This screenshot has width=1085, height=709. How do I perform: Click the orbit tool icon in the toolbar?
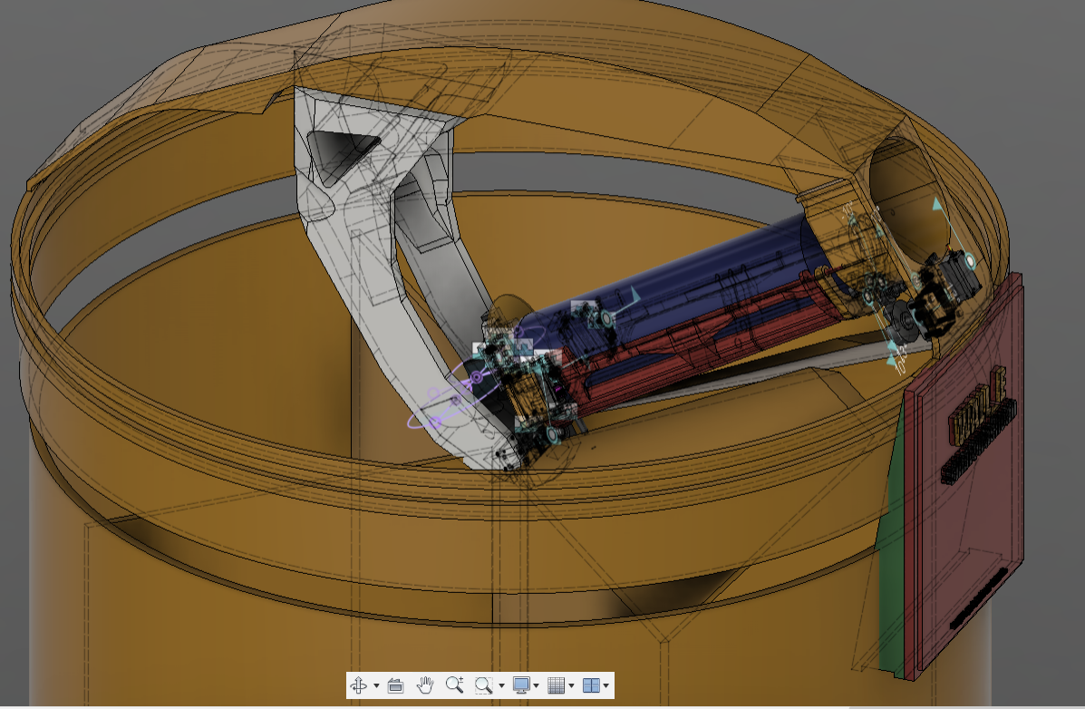pos(359,685)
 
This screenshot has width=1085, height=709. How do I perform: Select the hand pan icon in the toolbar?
pos(426,685)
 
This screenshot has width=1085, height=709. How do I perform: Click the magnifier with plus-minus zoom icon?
pos(455,685)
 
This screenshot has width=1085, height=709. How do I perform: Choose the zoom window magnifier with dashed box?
pos(484,685)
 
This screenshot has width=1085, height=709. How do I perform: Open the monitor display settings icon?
pos(521,685)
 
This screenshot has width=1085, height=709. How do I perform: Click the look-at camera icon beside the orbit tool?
pos(395,685)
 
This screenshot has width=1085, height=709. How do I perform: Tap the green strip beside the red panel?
pos(893,544)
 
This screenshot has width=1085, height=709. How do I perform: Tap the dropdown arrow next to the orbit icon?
pos(376,686)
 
